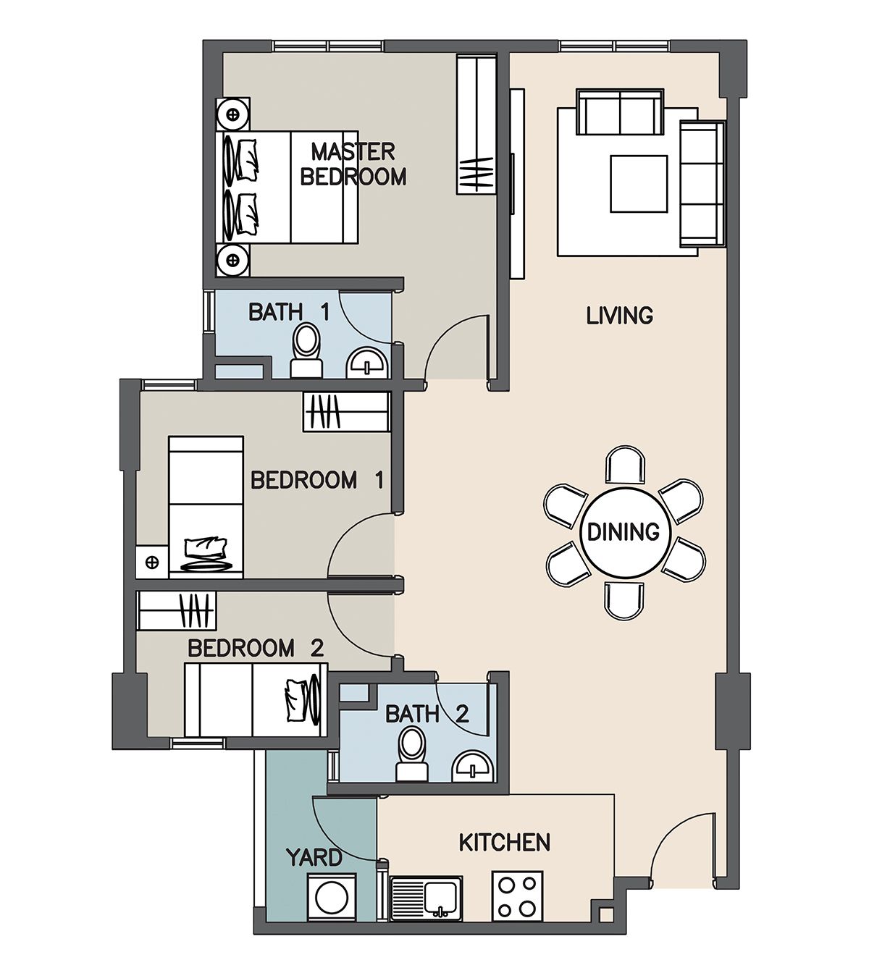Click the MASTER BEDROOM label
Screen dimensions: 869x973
point(353,164)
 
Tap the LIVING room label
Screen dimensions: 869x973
point(620,316)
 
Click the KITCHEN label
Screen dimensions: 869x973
point(505,843)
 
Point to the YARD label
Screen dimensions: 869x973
point(314,857)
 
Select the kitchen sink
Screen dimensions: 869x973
point(426,898)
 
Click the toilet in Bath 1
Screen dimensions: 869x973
point(306,350)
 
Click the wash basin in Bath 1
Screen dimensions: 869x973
point(367,363)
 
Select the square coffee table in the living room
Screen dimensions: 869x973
point(639,183)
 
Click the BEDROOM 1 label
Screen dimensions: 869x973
point(317,480)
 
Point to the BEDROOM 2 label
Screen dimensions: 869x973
point(255,649)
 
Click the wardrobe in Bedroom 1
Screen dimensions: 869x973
point(345,412)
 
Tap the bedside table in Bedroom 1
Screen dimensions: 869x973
point(152,561)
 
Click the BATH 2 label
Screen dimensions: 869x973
point(427,714)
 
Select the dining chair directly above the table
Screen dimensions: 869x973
point(625,466)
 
